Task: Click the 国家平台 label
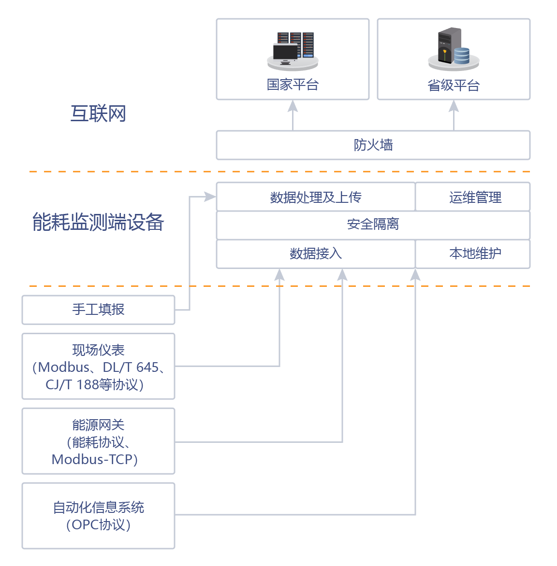[x=293, y=85]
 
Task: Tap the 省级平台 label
[x=454, y=85]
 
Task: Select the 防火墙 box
[x=373, y=145]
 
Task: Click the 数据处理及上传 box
[x=315, y=197]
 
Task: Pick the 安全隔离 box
[x=373, y=225]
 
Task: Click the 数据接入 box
[x=315, y=254]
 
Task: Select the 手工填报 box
[x=98, y=310]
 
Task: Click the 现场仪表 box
[x=98, y=367]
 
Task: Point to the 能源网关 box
[x=98, y=441]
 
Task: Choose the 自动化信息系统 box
[x=98, y=516]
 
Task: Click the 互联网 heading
[x=98, y=114]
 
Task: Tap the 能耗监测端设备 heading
[x=98, y=222]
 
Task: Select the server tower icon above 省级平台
[x=450, y=46]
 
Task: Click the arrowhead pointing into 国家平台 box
[x=293, y=106]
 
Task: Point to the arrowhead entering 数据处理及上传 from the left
[x=210, y=197]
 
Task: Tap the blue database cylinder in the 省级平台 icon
[x=462, y=56]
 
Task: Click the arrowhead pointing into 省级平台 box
[x=454, y=106]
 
